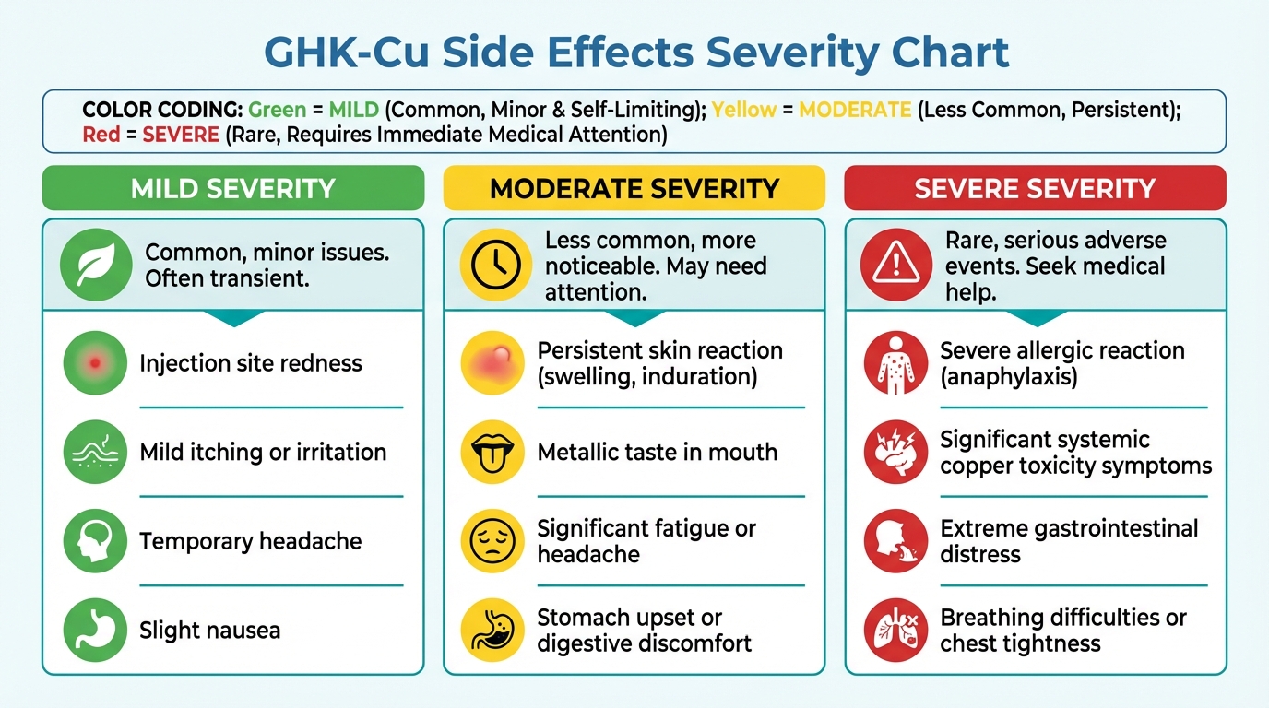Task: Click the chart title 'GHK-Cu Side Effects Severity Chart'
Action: (635, 53)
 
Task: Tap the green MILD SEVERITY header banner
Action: (232, 189)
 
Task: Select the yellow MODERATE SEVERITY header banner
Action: (634, 189)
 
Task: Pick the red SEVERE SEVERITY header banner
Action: (1035, 189)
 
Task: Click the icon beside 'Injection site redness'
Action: (94, 363)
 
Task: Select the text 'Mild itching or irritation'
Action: (263, 453)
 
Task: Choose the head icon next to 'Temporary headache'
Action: (94, 542)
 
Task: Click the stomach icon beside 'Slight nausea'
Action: (94, 631)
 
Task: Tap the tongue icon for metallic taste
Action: (492, 453)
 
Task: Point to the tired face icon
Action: (492, 542)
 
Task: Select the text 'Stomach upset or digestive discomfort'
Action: (644, 631)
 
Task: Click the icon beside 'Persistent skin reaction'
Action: (492, 363)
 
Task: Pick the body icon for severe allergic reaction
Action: (895, 363)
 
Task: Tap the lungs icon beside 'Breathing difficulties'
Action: (895, 631)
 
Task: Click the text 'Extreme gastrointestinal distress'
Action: (1069, 541)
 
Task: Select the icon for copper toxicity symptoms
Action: (895, 453)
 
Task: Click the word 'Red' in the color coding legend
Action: (101, 135)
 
